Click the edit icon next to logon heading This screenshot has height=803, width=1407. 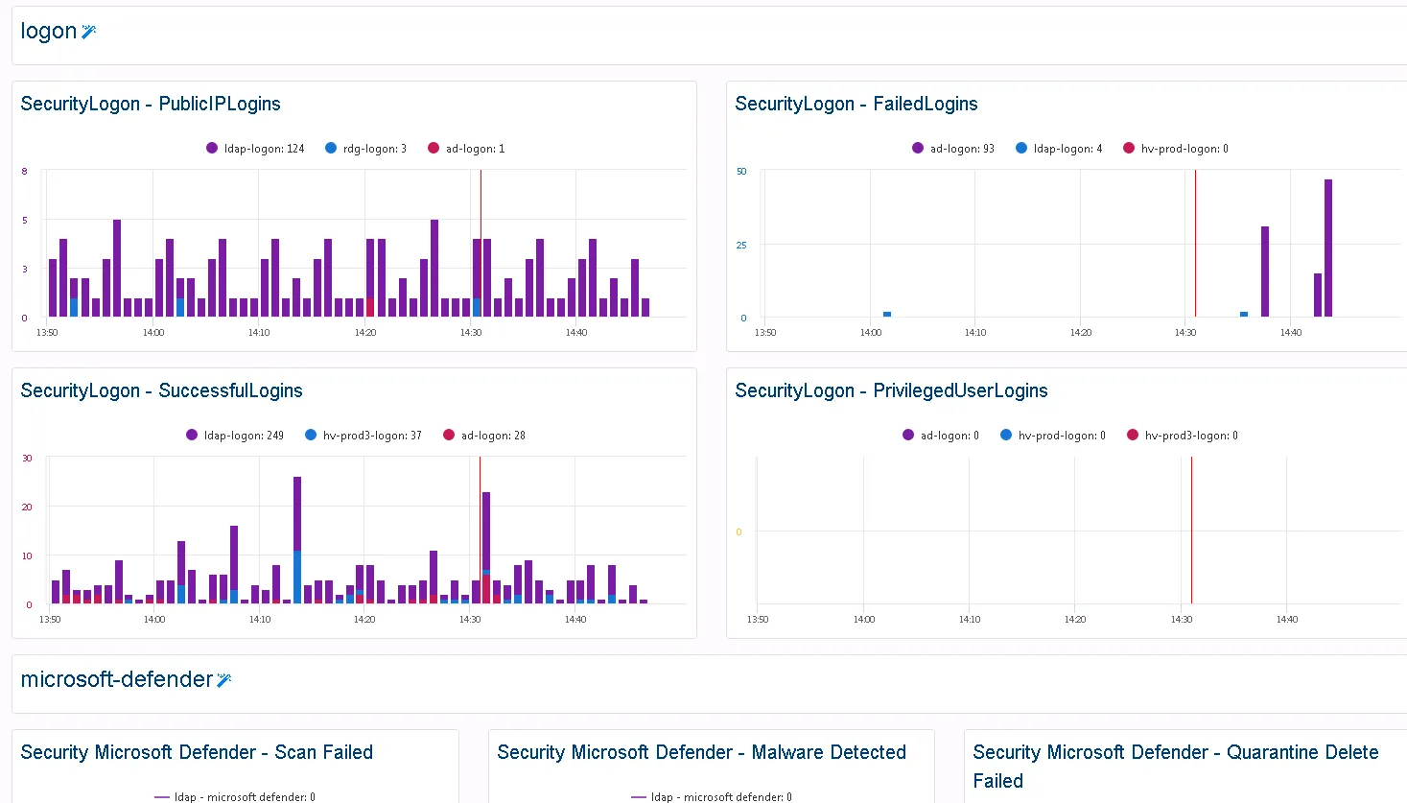pyautogui.click(x=89, y=32)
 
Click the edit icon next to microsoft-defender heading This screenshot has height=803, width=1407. pyautogui.click(x=224, y=680)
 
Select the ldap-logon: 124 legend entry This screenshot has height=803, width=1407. pyautogui.click(x=255, y=149)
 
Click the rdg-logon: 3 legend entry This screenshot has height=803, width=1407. pyautogui.click(x=365, y=149)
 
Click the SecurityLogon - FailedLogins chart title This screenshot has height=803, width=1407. pyautogui.click(x=856, y=104)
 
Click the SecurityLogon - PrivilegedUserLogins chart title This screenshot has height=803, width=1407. pyautogui.click(x=890, y=390)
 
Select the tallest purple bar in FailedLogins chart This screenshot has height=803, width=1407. pyautogui.click(x=1328, y=248)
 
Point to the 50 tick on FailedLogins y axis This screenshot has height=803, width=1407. pyautogui.click(x=741, y=172)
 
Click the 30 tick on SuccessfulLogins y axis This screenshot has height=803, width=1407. pyautogui.click(x=27, y=459)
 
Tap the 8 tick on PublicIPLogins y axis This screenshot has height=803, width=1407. pyautogui.click(x=25, y=172)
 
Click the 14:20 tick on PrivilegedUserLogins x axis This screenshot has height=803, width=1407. pyautogui.click(x=1075, y=620)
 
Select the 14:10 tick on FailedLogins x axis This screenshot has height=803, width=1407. pyautogui.click(x=975, y=333)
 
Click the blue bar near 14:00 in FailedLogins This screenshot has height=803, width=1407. pyautogui.click(x=887, y=314)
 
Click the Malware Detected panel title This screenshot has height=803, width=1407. pyautogui.click(x=701, y=752)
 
